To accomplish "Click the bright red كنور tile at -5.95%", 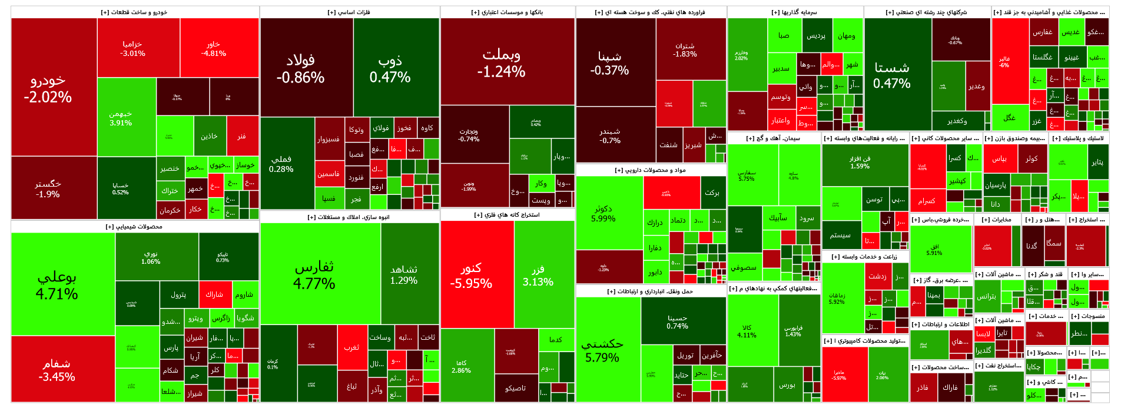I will (x=476, y=275).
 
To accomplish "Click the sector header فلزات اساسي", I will (x=349, y=12).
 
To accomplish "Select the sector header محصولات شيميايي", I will (x=134, y=227).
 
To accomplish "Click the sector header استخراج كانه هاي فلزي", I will (x=507, y=215).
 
